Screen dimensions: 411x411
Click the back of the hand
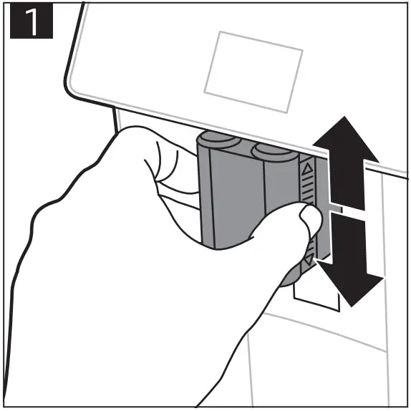(x=107, y=272)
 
